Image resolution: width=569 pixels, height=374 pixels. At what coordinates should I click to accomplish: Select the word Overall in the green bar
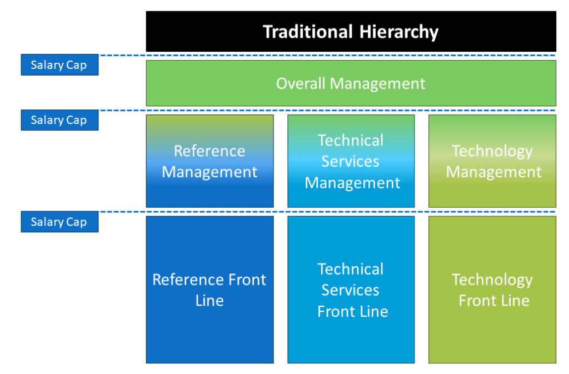point(301,83)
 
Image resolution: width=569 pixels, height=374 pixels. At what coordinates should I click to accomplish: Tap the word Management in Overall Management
point(377,83)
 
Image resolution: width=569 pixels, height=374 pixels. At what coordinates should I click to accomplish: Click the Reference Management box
point(209,161)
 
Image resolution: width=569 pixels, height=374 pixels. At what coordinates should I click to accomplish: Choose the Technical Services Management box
point(351,161)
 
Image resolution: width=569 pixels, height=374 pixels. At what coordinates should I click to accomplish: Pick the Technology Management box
point(492,161)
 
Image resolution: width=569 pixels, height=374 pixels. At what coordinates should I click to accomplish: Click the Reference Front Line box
point(209,290)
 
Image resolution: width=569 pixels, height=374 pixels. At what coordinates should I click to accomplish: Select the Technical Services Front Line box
point(351,290)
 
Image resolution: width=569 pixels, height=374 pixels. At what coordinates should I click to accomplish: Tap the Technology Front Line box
point(492,290)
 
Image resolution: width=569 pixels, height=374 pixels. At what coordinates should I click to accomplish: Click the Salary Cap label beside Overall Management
point(59,65)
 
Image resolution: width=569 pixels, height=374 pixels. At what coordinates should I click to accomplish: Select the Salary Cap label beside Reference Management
point(59,120)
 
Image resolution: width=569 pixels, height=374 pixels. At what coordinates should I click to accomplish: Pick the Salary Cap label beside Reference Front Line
point(59,222)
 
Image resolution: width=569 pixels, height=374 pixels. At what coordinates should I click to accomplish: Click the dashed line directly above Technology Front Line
point(492,212)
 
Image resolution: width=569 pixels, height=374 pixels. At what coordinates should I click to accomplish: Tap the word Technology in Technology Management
point(492,151)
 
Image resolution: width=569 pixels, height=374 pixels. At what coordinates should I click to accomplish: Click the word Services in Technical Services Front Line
point(351,290)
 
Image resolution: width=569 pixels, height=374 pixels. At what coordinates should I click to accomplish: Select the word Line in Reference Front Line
point(209,301)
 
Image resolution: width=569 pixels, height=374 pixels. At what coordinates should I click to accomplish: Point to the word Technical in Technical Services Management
point(351,140)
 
